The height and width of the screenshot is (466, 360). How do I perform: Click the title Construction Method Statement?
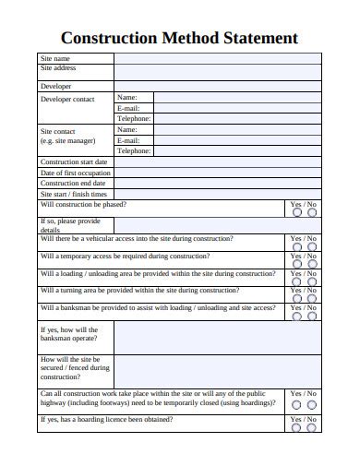179,39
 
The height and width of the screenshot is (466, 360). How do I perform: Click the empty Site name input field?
217,58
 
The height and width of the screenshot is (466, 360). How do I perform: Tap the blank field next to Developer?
217,87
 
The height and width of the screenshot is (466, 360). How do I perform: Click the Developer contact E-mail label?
127,108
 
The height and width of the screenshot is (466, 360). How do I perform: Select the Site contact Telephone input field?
237,150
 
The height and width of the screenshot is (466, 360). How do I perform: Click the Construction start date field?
217,161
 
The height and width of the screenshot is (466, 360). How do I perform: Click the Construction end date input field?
217,184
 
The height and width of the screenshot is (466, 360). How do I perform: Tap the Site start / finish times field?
217,195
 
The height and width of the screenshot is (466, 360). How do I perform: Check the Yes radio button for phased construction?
296,212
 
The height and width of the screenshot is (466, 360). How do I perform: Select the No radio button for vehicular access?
312,247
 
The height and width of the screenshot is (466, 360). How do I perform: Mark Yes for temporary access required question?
296,265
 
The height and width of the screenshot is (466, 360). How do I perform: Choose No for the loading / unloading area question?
312,283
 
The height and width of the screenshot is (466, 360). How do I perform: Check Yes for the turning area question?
296,298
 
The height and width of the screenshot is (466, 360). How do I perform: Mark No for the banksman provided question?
312,315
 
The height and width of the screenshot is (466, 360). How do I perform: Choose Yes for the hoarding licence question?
296,427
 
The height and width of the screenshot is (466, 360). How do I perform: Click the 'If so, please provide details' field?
217,225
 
